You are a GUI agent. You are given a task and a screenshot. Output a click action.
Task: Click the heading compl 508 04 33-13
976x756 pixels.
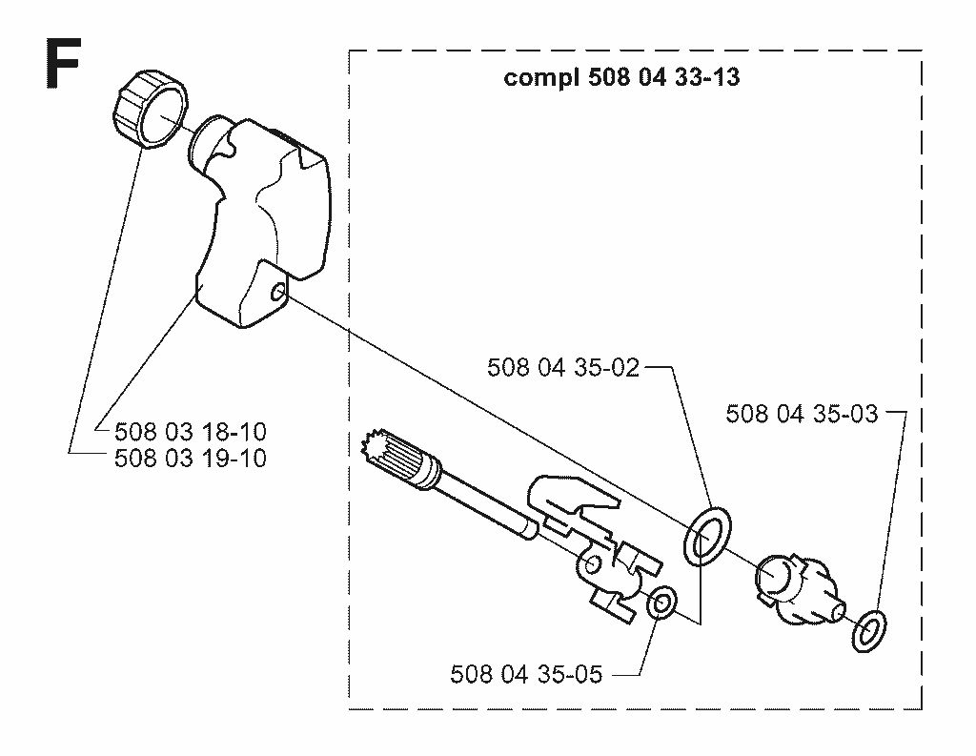621,78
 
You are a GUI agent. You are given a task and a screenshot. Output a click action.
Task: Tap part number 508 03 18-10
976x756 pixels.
191,431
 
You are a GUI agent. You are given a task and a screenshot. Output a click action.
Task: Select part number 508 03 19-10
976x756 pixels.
191,459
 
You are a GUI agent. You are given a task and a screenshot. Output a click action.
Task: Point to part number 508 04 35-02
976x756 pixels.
563,367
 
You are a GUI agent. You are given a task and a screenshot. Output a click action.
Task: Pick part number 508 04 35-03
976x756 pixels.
802,414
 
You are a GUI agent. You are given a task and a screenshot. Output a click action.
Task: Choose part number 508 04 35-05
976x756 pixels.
526,674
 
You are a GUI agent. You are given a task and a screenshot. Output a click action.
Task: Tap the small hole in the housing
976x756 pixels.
278,291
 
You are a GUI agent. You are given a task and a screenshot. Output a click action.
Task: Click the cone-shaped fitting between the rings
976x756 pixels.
798,589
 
